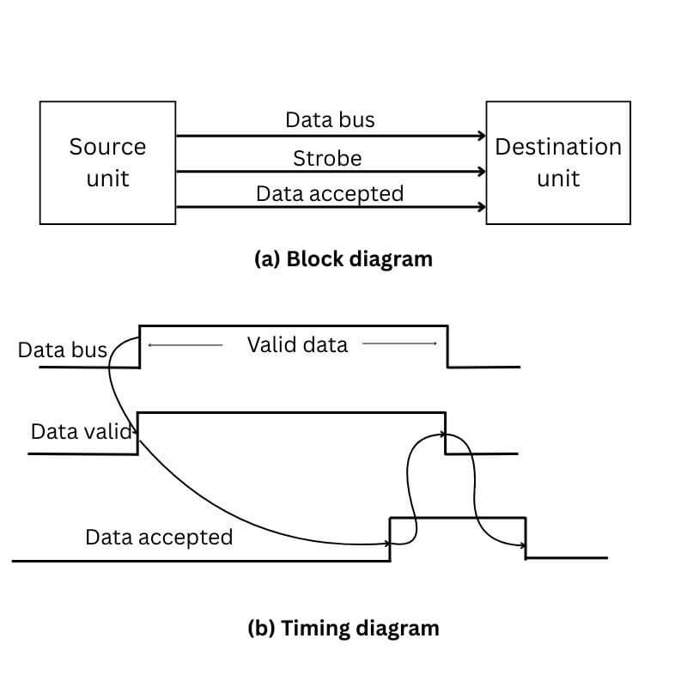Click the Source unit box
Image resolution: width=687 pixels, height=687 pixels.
pyautogui.click(x=107, y=162)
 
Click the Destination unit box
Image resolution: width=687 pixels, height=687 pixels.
pyautogui.click(x=557, y=162)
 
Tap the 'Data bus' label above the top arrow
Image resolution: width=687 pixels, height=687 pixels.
pyautogui.click(x=330, y=119)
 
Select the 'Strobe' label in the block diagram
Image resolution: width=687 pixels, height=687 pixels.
pyautogui.click(x=327, y=159)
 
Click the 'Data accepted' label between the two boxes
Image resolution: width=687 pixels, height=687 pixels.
pyautogui.click(x=330, y=194)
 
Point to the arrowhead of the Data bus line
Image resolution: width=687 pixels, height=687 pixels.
pyautogui.click(x=481, y=136)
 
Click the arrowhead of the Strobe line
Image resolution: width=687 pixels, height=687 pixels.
pyautogui.click(x=481, y=171)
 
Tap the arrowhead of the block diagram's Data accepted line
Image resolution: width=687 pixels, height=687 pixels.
pyautogui.click(x=481, y=207)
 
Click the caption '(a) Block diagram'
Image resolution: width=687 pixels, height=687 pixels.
pyautogui.click(x=343, y=258)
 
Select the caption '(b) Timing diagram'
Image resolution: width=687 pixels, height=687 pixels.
pyautogui.click(x=343, y=628)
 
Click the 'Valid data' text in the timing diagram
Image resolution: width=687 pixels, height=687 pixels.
pyautogui.click(x=297, y=344)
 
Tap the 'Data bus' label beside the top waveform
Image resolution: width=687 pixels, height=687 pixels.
pyautogui.click(x=62, y=350)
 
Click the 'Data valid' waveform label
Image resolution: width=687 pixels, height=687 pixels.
pyautogui.click(x=82, y=431)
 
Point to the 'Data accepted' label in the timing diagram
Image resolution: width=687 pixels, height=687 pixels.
pyautogui.click(x=159, y=538)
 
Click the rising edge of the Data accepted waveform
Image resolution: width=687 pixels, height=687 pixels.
pyautogui.click(x=391, y=538)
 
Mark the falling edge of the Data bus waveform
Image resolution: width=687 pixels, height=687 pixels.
pyautogui.click(x=447, y=346)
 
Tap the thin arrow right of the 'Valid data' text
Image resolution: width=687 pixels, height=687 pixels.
pyautogui.click(x=399, y=344)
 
